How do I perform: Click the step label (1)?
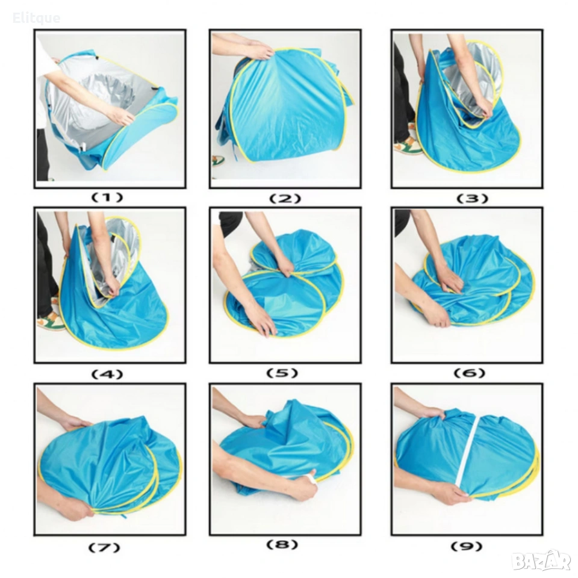[107, 198]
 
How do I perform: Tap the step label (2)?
[285, 199]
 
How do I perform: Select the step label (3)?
[472, 199]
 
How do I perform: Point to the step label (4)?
[107, 374]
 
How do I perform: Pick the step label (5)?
[282, 373]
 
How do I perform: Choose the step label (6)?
[469, 373]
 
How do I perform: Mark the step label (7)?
[104, 547]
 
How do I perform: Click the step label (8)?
[282, 544]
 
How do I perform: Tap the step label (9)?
[466, 546]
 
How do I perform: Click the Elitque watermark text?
[36, 18]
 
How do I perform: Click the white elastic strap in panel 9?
[466, 455]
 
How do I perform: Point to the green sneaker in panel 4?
[51, 321]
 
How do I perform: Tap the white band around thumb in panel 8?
[312, 479]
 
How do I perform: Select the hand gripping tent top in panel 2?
[260, 51]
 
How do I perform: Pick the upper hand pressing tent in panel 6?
[449, 279]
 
